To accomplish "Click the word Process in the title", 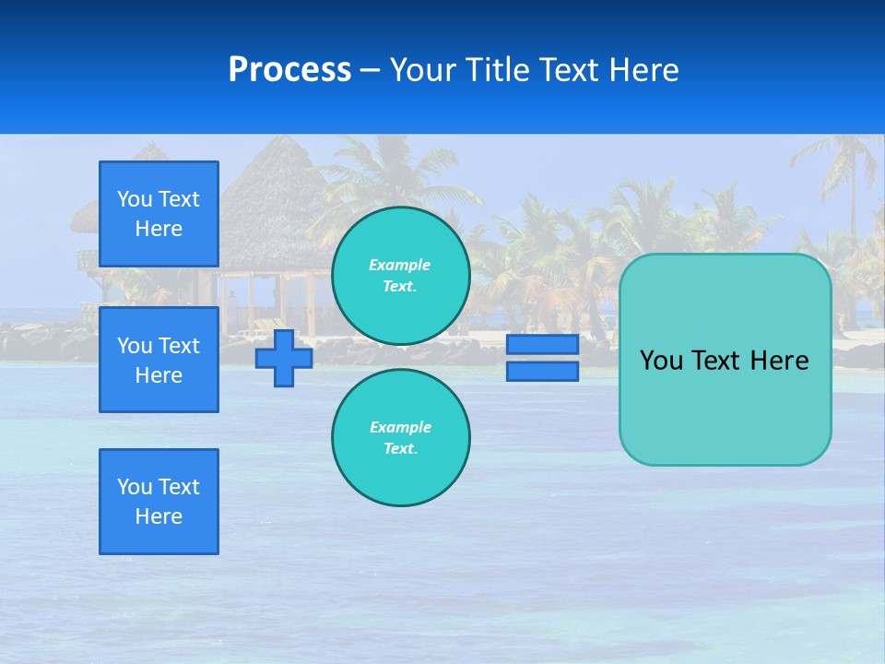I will point(289,70).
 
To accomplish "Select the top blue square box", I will point(159,214).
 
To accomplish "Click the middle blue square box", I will point(159,360).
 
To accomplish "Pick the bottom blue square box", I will point(159,502).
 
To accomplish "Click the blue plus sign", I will point(284,358).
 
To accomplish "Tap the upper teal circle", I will point(400,276).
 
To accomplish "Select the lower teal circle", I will point(400,438).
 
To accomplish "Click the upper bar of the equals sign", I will point(542,344).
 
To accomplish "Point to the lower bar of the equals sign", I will point(542,372).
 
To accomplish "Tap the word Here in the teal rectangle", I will point(779,361).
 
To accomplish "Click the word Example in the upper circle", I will point(400,265).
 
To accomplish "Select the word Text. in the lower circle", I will point(400,449).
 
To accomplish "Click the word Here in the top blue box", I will point(159,229).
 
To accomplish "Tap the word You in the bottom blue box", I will point(135,487).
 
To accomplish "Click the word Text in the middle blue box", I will point(179,346).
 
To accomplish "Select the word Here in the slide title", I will point(644,70).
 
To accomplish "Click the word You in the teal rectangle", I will point(661,361).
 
